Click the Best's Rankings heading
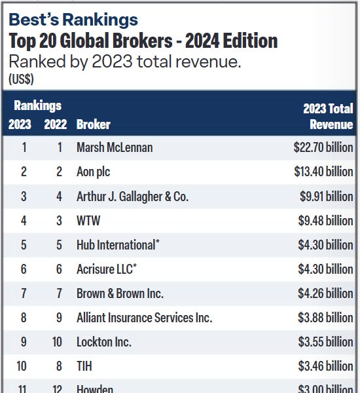point(73,20)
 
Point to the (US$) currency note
point(22,79)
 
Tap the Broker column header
point(94,124)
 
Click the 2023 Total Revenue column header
point(328,116)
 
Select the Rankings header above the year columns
point(38,105)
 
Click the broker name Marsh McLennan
point(115,147)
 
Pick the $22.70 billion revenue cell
point(323,147)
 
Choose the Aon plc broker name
point(94,172)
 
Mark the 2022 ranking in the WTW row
point(59,221)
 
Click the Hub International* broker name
point(118,245)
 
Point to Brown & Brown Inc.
point(120,293)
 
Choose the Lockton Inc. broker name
point(104,342)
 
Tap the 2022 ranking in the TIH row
point(59,366)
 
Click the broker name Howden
point(95,388)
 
